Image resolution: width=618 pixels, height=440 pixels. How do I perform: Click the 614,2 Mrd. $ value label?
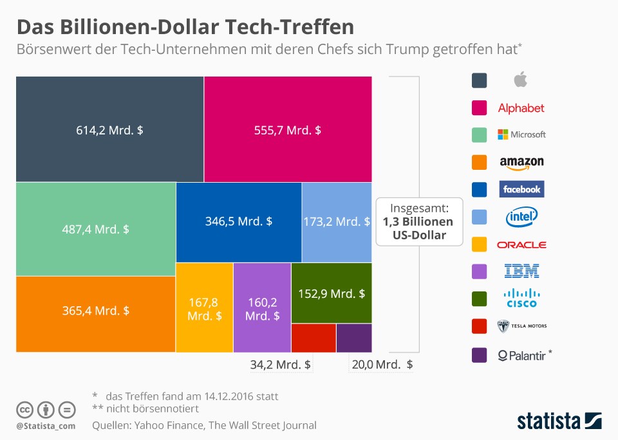109,131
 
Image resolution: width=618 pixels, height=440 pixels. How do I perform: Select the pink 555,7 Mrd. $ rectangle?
288,129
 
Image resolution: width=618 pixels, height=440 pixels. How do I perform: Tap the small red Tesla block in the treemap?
314,338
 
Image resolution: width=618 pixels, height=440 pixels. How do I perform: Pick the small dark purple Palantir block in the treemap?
354,338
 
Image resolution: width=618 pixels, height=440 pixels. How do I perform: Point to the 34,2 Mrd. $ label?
281,365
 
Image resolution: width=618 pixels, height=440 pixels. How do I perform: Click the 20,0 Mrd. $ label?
382,365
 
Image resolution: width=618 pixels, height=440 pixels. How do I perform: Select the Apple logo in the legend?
521,80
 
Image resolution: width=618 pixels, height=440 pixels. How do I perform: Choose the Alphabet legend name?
521,108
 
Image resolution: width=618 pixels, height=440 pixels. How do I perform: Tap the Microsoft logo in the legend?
522,134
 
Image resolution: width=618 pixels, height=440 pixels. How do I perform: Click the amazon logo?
522,163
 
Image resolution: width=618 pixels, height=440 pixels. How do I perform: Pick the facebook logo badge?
521,189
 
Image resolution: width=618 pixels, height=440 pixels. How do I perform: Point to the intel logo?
521,217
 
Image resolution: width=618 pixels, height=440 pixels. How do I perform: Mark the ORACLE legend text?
521,245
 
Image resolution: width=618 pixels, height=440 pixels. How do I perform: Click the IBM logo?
522,271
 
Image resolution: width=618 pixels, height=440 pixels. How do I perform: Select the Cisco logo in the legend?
522,298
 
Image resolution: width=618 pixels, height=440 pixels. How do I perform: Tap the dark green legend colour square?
479,298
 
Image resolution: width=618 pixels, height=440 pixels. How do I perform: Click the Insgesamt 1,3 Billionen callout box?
419,222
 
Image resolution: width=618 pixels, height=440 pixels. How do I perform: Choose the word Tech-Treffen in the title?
290,27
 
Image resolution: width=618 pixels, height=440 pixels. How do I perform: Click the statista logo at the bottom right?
559,421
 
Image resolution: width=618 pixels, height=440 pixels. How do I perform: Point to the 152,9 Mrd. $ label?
332,294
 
